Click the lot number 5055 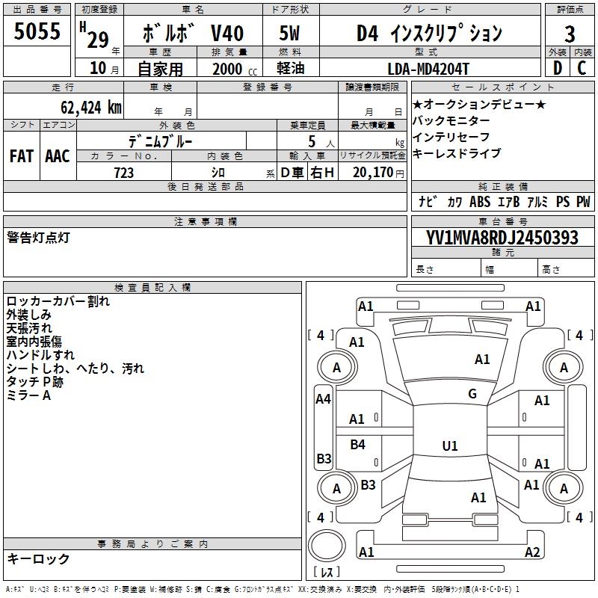(x=37, y=31)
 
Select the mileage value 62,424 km (x=91, y=108)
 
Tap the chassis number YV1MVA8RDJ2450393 (x=502, y=238)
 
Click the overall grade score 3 (x=570, y=34)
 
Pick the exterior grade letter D (x=558, y=68)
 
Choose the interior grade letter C (x=582, y=68)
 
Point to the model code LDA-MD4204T (x=428, y=69)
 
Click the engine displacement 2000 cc (x=235, y=69)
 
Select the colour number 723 (x=124, y=173)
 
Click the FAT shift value (x=22, y=156)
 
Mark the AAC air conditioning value (x=58, y=156)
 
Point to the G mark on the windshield (x=472, y=394)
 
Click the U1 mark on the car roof (x=450, y=446)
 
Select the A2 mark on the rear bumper (x=532, y=552)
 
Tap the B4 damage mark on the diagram (x=357, y=444)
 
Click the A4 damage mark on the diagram (x=323, y=399)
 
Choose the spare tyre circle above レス (x=327, y=546)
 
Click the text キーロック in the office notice (x=38, y=558)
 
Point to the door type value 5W (x=289, y=33)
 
